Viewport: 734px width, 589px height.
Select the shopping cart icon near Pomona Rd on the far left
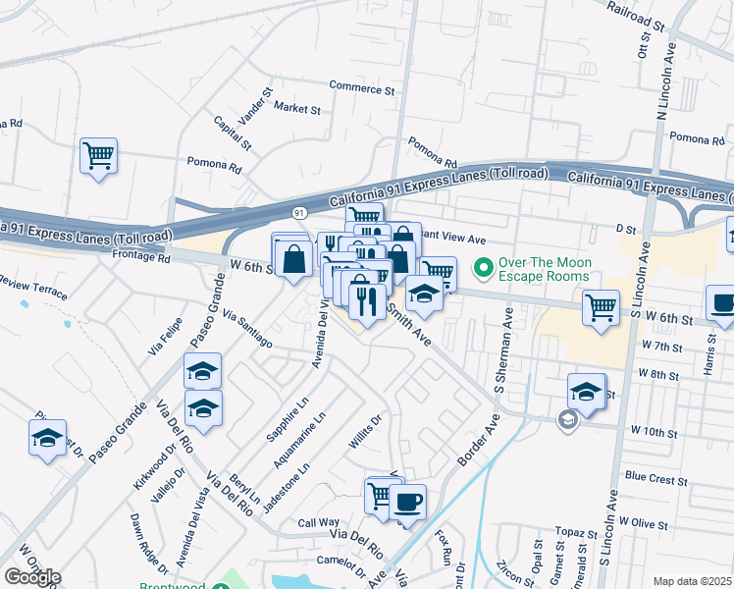point(98,155)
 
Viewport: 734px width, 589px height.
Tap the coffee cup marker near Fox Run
point(407,502)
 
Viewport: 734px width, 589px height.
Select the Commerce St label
point(361,88)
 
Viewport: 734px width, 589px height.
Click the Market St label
point(297,108)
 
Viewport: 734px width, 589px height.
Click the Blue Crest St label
point(655,479)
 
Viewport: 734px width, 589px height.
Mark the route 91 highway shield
point(299,211)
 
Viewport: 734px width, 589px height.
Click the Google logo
point(31,577)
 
